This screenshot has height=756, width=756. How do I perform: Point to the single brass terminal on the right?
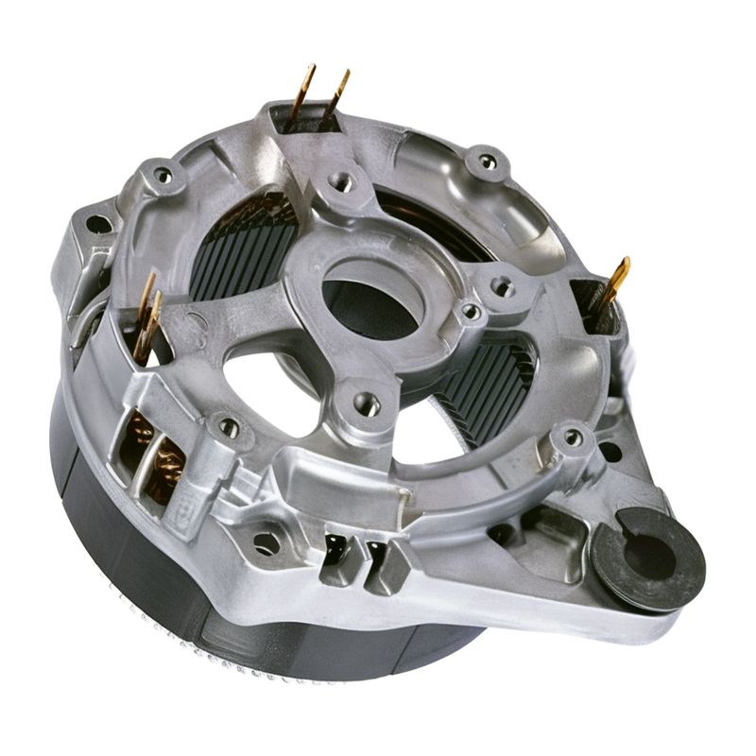pyautogui.click(x=613, y=283)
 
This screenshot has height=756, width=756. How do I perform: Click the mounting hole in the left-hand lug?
pyautogui.click(x=97, y=224)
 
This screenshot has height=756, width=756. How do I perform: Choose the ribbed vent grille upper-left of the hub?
pyautogui.click(x=242, y=246)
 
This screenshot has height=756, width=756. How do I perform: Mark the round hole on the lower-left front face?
pyautogui.click(x=267, y=542)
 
